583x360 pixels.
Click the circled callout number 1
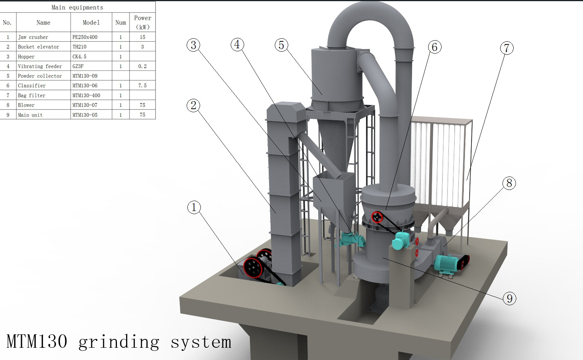tap(194, 208)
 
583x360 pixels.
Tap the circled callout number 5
tap(281, 45)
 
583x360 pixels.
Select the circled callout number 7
tap(506, 48)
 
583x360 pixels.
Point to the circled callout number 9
tap(509, 298)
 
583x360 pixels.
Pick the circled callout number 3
tap(193, 45)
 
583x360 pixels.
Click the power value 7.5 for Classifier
tap(142, 86)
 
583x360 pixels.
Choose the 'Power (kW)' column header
tap(143, 23)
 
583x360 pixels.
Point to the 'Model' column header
tap(91, 23)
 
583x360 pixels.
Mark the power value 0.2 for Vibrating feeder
tap(142, 66)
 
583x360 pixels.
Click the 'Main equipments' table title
tap(77, 7)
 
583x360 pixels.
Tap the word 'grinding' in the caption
tap(119, 342)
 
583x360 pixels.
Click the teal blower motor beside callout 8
tap(447, 263)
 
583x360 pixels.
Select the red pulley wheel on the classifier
tap(377, 217)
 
